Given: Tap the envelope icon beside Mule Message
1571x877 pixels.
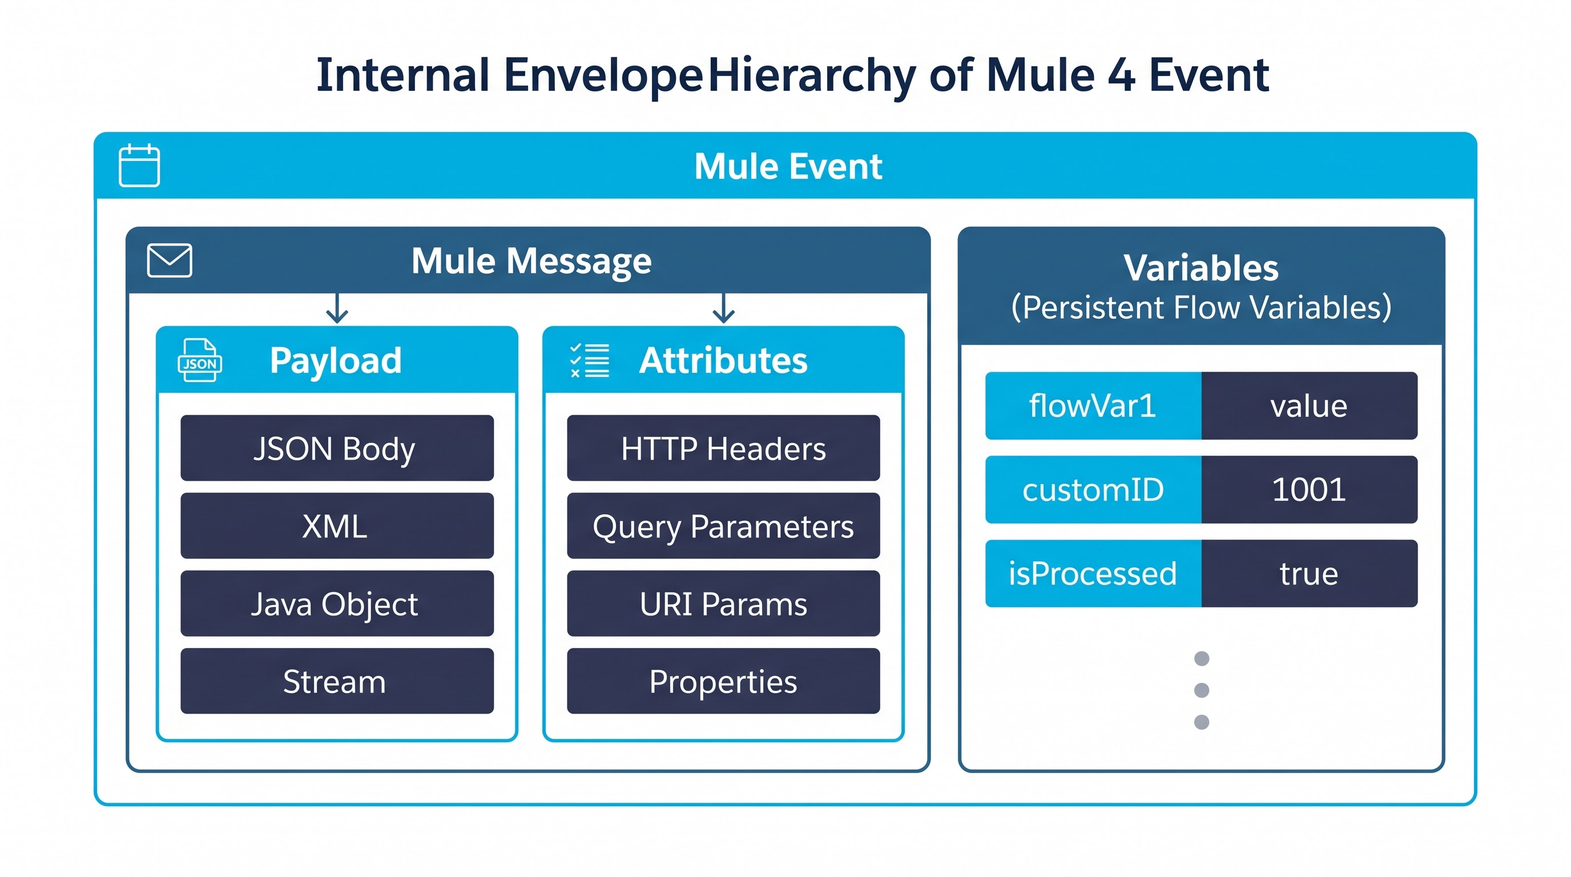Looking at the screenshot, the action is pos(170,260).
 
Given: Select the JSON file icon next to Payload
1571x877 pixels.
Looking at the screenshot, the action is pos(199,360).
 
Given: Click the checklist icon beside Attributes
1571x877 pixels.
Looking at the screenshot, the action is pos(589,360).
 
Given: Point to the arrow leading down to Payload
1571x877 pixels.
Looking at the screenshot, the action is pos(337,308).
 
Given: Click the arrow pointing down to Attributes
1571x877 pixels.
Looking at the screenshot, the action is pos(723,308).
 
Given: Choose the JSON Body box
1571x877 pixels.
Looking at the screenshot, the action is pos(337,448).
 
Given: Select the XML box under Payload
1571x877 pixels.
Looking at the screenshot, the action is pos(337,526).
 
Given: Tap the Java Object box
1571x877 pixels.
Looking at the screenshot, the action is pos(337,603).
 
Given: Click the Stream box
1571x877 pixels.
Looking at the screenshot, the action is pos(337,681).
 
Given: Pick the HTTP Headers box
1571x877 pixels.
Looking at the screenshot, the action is pos(723,448).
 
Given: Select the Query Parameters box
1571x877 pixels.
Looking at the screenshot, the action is pos(723,526).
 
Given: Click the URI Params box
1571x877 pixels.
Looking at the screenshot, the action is pos(723,603).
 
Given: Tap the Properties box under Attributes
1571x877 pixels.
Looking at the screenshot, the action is pos(723,681).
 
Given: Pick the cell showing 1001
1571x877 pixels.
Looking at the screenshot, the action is pos(1310,489).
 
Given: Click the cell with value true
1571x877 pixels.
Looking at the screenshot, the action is pos(1310,573).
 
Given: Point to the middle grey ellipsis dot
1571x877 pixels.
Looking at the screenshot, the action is pos(1202,690).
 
